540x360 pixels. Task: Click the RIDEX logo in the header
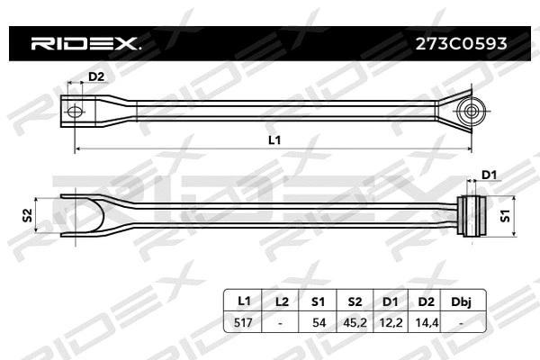pyautogui.click(x=86, y=42)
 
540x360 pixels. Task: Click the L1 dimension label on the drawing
pyautogui.click(x=274, y=139)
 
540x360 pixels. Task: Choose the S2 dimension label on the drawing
pyautogui.click(x=28, y=215)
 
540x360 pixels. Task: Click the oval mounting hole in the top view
pyautogui.click(x=76, y=112)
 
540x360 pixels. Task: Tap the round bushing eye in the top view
pyautogui.click(x=469, y=112)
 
